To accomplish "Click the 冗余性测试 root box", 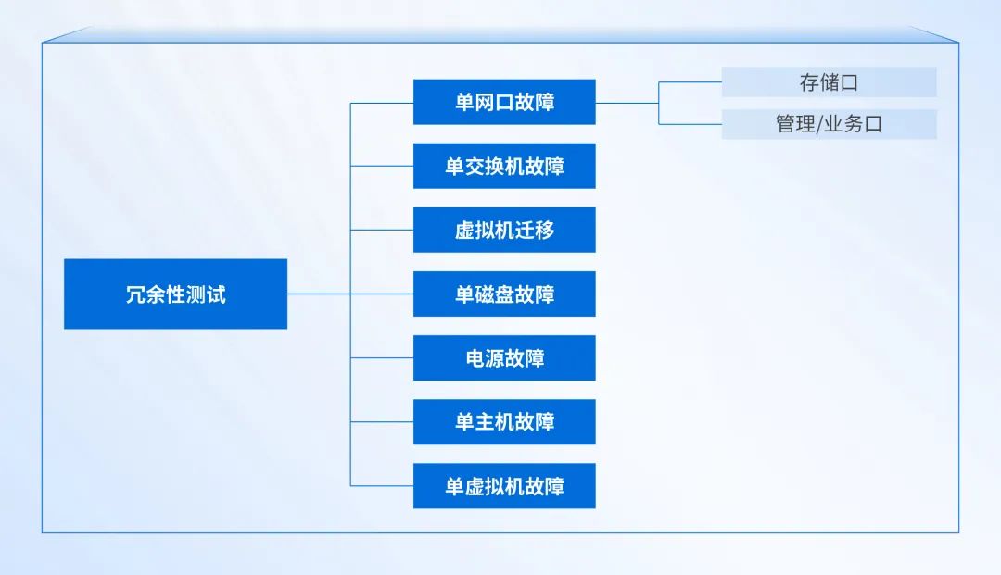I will point(175,294).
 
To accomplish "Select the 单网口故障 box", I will point(504,102).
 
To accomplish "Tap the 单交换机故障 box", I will point(504,167).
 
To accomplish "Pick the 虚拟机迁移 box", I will point(504,231).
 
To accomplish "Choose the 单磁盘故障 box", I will point(504,294).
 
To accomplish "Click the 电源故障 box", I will point(504,358).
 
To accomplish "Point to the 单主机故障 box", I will point(504,422).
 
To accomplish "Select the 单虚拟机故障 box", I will point(504,486).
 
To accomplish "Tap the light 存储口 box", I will point(829,82).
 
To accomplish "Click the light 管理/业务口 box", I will point(829,124).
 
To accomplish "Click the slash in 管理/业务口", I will point(820,124).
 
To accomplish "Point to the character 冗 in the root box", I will point(135,295).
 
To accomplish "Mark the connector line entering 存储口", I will point(691,82).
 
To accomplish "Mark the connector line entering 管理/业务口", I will point(691,124).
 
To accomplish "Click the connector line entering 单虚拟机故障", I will point(382,486).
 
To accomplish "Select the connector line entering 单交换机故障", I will point(382,167).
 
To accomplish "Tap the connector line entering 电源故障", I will point(382,358).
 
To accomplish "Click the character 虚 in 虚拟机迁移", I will point(464,231).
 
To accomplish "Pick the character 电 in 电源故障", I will point(475,358).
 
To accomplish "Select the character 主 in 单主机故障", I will point(485,422).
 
